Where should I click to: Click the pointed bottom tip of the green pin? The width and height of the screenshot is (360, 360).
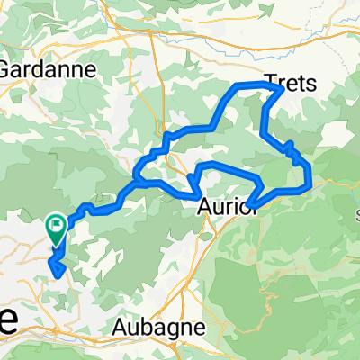(x=56, y=245)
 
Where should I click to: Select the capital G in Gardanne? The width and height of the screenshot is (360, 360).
(x=6, y=67)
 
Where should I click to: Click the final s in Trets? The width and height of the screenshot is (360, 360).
(x=313, y=84)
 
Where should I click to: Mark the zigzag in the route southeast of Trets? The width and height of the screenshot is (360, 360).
(x=292, y=151)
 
